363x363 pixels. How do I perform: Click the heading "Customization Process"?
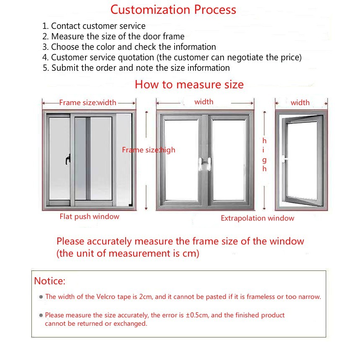[x=173, y=10]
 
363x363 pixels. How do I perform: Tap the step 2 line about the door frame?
[x=113, y=36]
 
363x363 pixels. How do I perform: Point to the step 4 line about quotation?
[x=172, y=57]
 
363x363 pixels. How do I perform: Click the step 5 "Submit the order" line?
[x=136, y=68]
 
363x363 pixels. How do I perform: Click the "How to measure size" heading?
[x=189, y=85]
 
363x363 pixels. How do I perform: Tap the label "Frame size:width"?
[x=88, y=103]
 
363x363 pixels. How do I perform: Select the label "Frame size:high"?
[x=149, y=150]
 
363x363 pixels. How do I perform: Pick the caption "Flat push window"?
[x=89, y=216]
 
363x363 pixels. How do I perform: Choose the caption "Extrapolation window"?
[x=257, y=218]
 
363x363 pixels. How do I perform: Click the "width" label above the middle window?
[x=204, y=102]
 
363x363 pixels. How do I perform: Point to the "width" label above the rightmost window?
[x=300, y=103]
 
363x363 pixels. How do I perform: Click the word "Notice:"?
[x=50, y=281]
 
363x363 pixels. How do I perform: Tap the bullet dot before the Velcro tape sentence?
[x=41, y=297]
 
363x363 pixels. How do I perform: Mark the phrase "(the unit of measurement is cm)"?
[x=128, y=253]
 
